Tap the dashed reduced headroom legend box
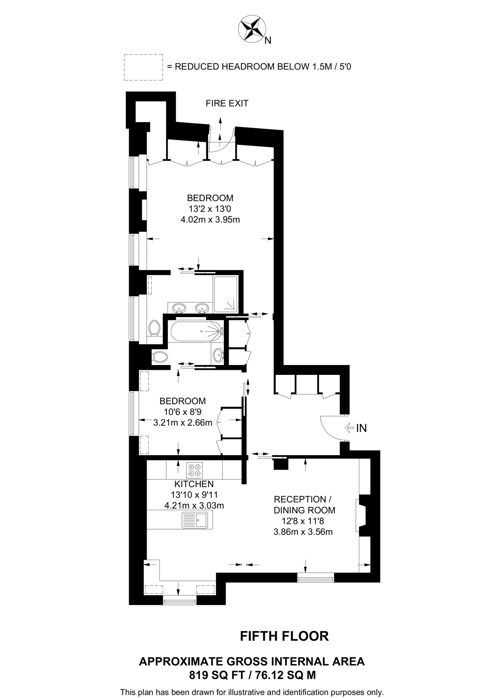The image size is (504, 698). coord(143,67)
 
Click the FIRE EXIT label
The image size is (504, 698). coord(227,103)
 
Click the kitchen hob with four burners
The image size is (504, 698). coord(195,470)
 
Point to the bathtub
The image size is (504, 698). coord(197,331)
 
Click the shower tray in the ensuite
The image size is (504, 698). coord(225,294)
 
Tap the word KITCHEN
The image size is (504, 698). coord(194,484)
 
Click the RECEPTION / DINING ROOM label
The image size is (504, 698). coord(304,505)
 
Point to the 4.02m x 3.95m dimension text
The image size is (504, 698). coord(210,220)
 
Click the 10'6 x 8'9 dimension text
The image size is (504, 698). coord(183,412)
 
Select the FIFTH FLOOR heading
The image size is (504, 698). coord(284,636)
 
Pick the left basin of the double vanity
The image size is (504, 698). coord(179,308)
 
